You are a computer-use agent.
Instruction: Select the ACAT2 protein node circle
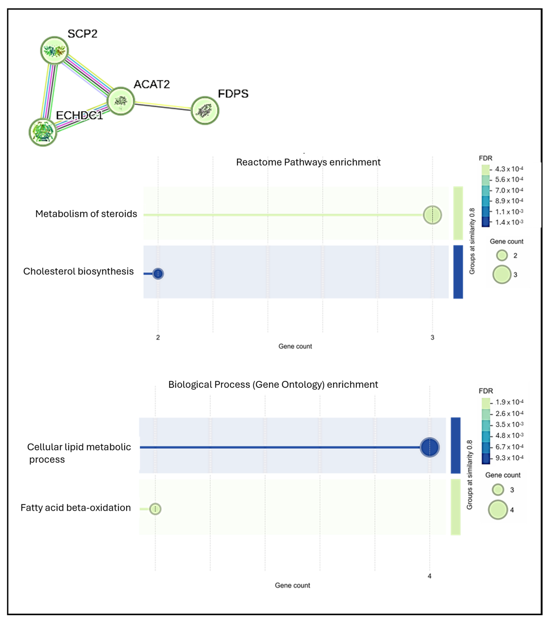(121, 101)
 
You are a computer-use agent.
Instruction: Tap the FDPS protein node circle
(205, 111)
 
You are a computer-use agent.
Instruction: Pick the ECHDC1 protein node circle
(43, 132)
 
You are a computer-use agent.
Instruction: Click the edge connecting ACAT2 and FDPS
(163, 106)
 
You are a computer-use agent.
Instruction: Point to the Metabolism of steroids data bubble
(432, 215)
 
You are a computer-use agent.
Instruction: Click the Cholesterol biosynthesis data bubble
(158, 273)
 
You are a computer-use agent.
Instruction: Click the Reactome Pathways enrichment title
(308, 162)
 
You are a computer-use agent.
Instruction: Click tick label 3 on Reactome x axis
(432, 337)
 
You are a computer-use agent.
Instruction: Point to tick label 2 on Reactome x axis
(158, 337)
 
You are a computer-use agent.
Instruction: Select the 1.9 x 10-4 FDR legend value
(509, 402)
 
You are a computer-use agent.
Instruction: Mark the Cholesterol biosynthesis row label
(78, 271)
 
